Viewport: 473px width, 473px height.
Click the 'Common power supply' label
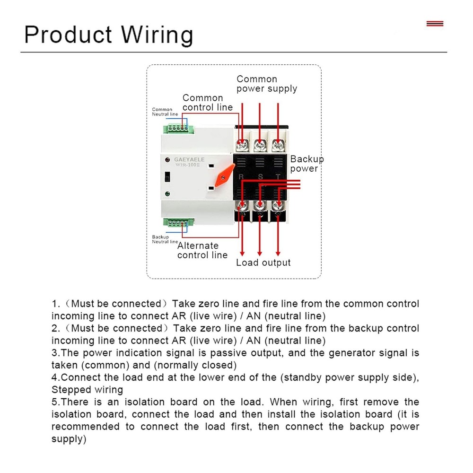(267, 84)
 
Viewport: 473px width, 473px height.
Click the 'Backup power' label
(307, 164)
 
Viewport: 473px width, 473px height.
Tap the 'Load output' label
(263, 263)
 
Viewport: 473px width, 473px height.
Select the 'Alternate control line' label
(202, 250)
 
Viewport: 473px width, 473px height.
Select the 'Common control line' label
(207, 103)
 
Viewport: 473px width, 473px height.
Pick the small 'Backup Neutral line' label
(165, 239)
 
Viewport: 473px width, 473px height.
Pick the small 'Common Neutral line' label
(165, 112)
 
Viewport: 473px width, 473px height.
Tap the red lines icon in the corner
(435, 23)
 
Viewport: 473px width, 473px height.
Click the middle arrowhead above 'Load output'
(260, 252)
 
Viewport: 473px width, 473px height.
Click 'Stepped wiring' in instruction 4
(87, 390)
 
